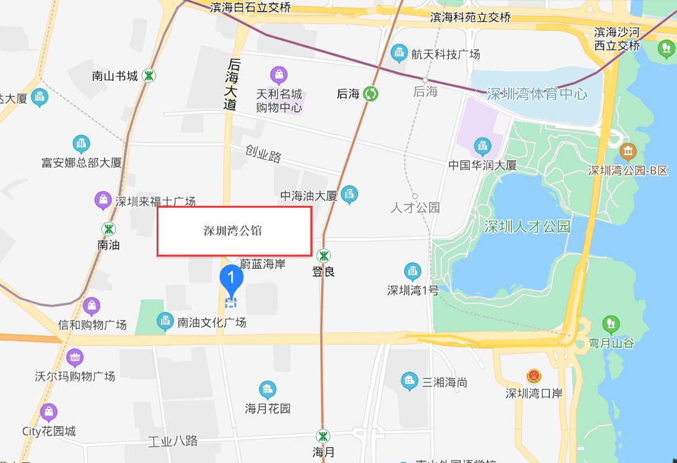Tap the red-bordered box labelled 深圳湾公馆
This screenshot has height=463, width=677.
[x=234, y=231]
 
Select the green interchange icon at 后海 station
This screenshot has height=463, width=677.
[x=371, y=94]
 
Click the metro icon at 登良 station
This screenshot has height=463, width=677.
[x=323, y=256]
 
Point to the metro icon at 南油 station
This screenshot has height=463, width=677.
[x=108, y=229]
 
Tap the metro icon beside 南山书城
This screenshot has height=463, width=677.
[x=149, y=75]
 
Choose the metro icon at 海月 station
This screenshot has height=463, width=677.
[x=323, y=436]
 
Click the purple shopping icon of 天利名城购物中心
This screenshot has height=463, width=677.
[x=278, y=75]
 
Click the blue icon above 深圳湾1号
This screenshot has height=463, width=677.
[x=412, y=271]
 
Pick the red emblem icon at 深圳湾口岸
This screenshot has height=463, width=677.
[x=533, y=376]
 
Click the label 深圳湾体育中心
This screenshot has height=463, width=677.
[x=537, y=95]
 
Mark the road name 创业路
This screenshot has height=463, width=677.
[x=263, y=153]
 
